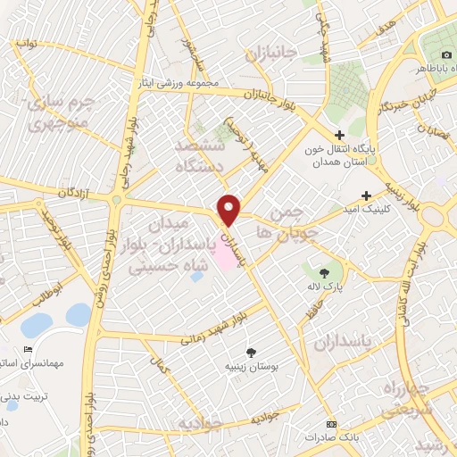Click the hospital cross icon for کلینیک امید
(366, 195)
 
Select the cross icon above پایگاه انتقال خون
(338, 135)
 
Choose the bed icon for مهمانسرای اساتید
(29, 349)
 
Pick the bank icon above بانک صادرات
(332, 424)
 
